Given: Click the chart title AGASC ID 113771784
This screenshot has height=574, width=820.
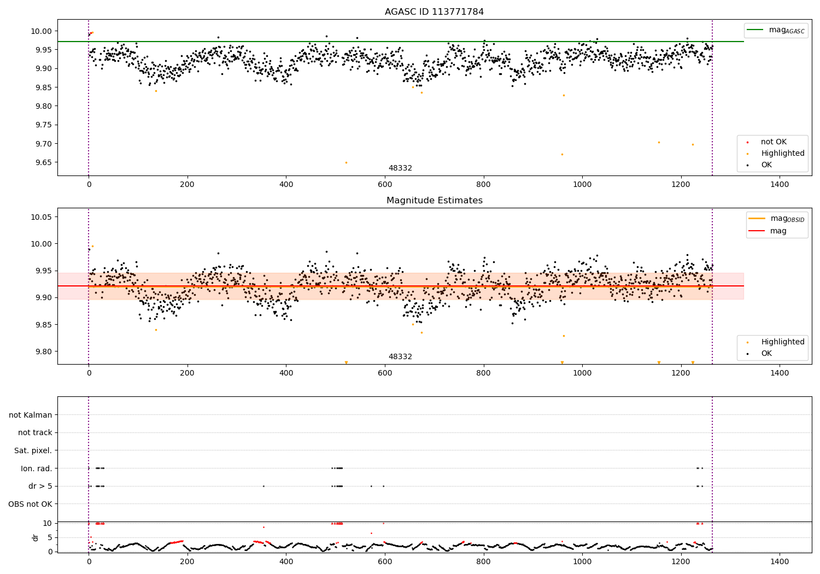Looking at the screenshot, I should (x=434, y=12).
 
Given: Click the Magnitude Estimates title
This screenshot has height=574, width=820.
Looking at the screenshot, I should (x=434, y=201).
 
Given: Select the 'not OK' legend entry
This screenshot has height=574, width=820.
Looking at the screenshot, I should (x=774, y=142).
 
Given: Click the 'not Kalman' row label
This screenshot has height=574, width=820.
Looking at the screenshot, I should (x=31, y=415).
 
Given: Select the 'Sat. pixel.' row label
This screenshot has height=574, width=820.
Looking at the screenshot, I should (x=33, y=450).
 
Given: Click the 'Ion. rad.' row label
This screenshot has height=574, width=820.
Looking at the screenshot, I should (x=37, y=468).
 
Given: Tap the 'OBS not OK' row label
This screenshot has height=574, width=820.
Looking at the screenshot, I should (x=30, y=504).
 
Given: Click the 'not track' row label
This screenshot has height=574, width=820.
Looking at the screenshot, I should (x=35, y=432).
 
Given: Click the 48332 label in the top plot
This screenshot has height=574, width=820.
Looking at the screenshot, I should (x=400, y=168).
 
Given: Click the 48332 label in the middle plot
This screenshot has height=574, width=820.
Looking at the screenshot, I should (x=400, y=357).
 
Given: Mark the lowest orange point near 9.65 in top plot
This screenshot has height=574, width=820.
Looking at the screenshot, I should (x=346, y=162).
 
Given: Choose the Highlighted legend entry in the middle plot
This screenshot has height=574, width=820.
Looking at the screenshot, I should (x=782, y=342).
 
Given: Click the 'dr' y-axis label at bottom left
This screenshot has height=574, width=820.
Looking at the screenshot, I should (x=36, y=537).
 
